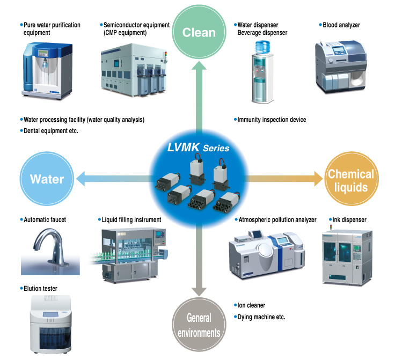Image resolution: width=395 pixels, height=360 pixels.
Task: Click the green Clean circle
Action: (199, 32)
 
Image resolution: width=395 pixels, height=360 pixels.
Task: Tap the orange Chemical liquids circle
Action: (350, 180)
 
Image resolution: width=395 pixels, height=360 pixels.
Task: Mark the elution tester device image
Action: (52, 324)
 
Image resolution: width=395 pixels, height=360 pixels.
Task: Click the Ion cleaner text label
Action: (251, 305)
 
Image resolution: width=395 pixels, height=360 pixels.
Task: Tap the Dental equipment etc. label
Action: (51, 130)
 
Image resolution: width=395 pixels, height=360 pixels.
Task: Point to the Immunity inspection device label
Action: (272, 120)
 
